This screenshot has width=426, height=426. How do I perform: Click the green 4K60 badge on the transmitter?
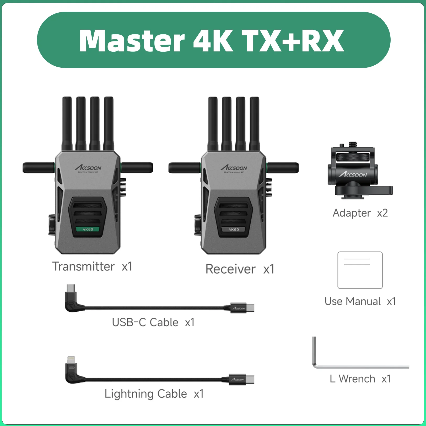(x=88, y=229)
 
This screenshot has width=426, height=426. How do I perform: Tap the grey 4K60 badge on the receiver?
(x=234, y=230)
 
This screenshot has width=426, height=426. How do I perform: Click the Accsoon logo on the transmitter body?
(x=88, y=167)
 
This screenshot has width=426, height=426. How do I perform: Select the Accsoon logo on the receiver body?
(x=234, y=167)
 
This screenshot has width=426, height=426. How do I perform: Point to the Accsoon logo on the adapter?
(x=353, y=174)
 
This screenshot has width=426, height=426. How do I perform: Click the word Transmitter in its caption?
(x=83, y=267)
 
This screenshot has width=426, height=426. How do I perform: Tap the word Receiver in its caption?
(x=230, y=269)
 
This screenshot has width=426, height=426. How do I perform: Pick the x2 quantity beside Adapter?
(x=382, y=213)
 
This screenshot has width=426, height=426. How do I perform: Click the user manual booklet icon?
(x=360, y=270)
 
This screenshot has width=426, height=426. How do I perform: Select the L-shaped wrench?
(x=360, y=366)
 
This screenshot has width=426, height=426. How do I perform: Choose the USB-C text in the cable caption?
(x=129, y=322)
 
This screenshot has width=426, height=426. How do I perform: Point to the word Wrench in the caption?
(x=357, y=379)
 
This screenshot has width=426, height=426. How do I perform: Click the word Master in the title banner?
(x=132, y=41)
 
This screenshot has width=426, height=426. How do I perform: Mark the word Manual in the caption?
(x=363, y=301)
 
